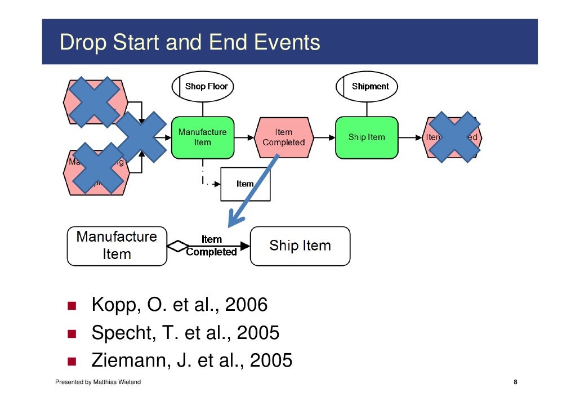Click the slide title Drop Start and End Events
[190, 43]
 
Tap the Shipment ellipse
[367, 86]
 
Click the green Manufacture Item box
[203, 137]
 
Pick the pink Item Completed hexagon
[283, 137]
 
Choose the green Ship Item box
[367, 137]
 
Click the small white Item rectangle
[245, 184]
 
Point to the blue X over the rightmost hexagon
[453, 137]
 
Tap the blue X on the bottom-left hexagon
[98, 167]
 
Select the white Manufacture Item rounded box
[117, 246]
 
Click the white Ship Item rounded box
[300, 246]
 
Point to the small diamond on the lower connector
[178, 246]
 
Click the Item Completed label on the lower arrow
[212, 246]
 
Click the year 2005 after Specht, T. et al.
[258, 333]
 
